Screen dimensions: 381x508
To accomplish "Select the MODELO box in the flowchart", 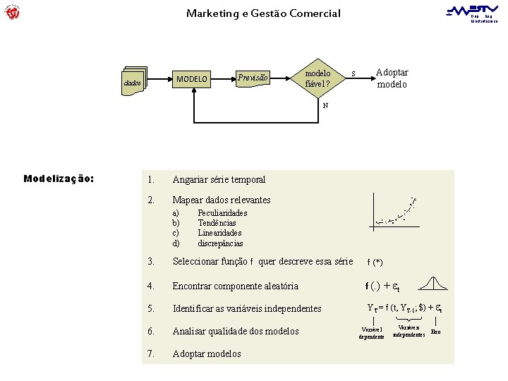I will pyautogui.click(x=192, y=79).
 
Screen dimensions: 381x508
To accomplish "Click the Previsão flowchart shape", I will pyautogui.click(x=253, y=78).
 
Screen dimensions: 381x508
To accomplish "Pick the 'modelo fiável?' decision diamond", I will pyautogui.click(x=318, y=79).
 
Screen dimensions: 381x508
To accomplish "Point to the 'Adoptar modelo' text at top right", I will pyautogui.click(x=392, y=78).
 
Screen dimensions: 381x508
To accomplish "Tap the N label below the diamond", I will pyautogui.click(x=325, y=106).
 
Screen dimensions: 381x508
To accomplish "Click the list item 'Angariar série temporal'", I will pyautogui.click(x=219, y=180).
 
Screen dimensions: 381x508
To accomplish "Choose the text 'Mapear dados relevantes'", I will pyautogui.click(x=222, y=200).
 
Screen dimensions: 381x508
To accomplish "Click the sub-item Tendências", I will pyautogui.click(x=217, y=223).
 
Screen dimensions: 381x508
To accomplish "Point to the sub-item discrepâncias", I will pyautogui.click(x=220, y=243).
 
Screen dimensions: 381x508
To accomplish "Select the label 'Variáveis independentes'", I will pyautogui.click(x=409, y=331).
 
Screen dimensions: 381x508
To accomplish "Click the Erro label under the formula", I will pyautogui.click(x=436, y=331).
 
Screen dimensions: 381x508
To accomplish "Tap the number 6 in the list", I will pyautogui.click(x=151, y=332).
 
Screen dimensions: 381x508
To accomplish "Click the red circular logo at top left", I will pyautogui.click(x=12, y=12).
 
